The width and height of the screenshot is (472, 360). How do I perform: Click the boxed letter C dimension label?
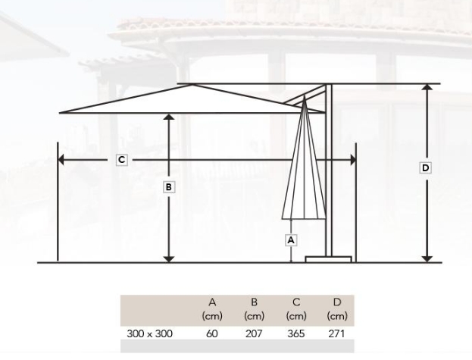point(122,160)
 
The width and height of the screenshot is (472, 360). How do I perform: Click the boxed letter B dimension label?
point(168,187)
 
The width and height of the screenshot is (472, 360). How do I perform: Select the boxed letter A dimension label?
point(291,240)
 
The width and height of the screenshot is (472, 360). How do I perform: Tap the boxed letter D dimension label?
point(425,168)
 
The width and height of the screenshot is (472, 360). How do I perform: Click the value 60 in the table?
point(212,333)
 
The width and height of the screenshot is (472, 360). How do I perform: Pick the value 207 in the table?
point(254,333)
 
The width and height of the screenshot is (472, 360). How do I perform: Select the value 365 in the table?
point(296,333)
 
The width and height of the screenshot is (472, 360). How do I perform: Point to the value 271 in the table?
point(336,333)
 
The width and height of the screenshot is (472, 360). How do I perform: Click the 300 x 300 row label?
point(149,333)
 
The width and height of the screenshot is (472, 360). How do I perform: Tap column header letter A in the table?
point(212,302)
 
